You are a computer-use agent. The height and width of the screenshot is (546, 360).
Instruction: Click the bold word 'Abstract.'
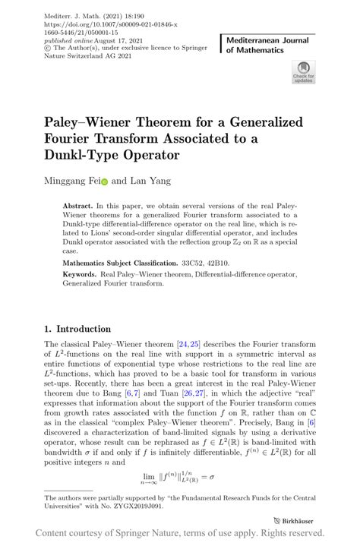point(78,205)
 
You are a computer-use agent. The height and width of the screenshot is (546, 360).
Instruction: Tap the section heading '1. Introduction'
point(77,329)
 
